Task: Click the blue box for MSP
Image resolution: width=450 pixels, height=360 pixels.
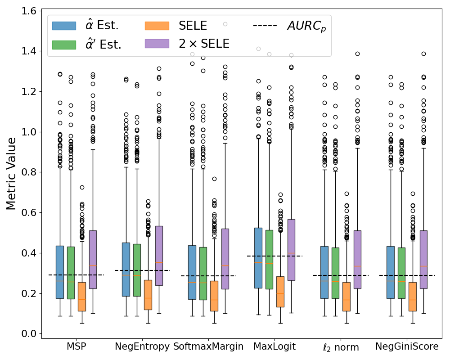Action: click(x=59, y=272)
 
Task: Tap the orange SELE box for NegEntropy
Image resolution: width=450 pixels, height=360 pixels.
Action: click(x=148, y=295)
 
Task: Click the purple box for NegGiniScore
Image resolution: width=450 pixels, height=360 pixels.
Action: click(x=423, y=259)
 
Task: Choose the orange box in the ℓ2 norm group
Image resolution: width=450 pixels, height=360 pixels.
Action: click(x=346, y=297)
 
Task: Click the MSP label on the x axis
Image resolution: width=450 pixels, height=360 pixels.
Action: click(x=76, y=347)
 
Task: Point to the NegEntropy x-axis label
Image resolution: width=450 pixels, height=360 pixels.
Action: click(x=142, y=347)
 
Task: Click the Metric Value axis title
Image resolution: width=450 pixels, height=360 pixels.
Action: click(x=11, y=173)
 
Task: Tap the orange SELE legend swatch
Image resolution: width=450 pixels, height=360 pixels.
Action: click(x=157, y=26)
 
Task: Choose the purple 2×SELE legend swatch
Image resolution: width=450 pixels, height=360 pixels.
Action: click(x=157, y=44)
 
